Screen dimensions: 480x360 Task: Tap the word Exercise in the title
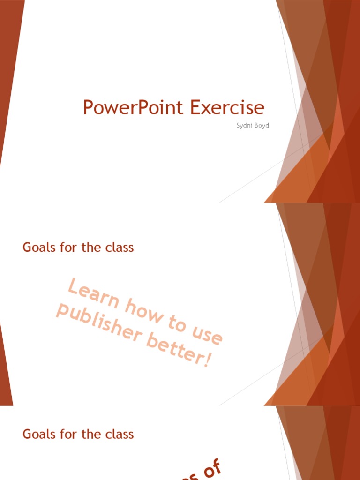(x=227, y=108)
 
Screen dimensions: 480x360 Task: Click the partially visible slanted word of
(x=210, y=469)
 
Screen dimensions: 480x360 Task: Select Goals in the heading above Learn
(x=37, y=247)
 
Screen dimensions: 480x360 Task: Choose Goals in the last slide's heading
(x=37, y=434)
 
